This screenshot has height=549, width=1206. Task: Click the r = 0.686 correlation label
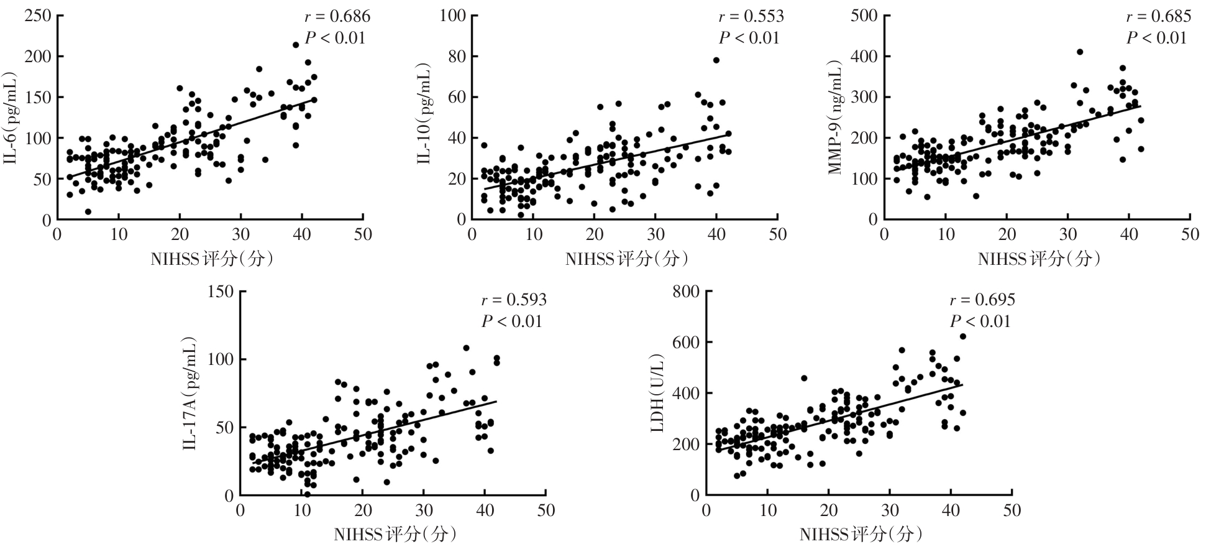click(x=337, y=17)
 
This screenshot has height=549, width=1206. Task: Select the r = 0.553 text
click(x=751, y=17)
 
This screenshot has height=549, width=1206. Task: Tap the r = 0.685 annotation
click(x=1158, y=17)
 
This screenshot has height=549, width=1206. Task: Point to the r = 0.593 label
click(x=514, y=300)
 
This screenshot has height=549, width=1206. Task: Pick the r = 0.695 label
click(x=982, y=300)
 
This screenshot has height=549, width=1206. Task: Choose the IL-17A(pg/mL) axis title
click(x=191, y=394)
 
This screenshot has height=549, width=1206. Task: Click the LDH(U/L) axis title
click(x=659, y=394)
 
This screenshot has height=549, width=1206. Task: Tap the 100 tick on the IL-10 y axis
click(x=453, y=16)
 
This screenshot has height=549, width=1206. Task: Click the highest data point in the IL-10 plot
click(x=716, y=60)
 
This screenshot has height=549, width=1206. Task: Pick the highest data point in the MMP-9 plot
click(x=1080, y=52)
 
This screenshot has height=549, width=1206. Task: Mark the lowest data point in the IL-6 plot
click(x=88, y=212)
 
